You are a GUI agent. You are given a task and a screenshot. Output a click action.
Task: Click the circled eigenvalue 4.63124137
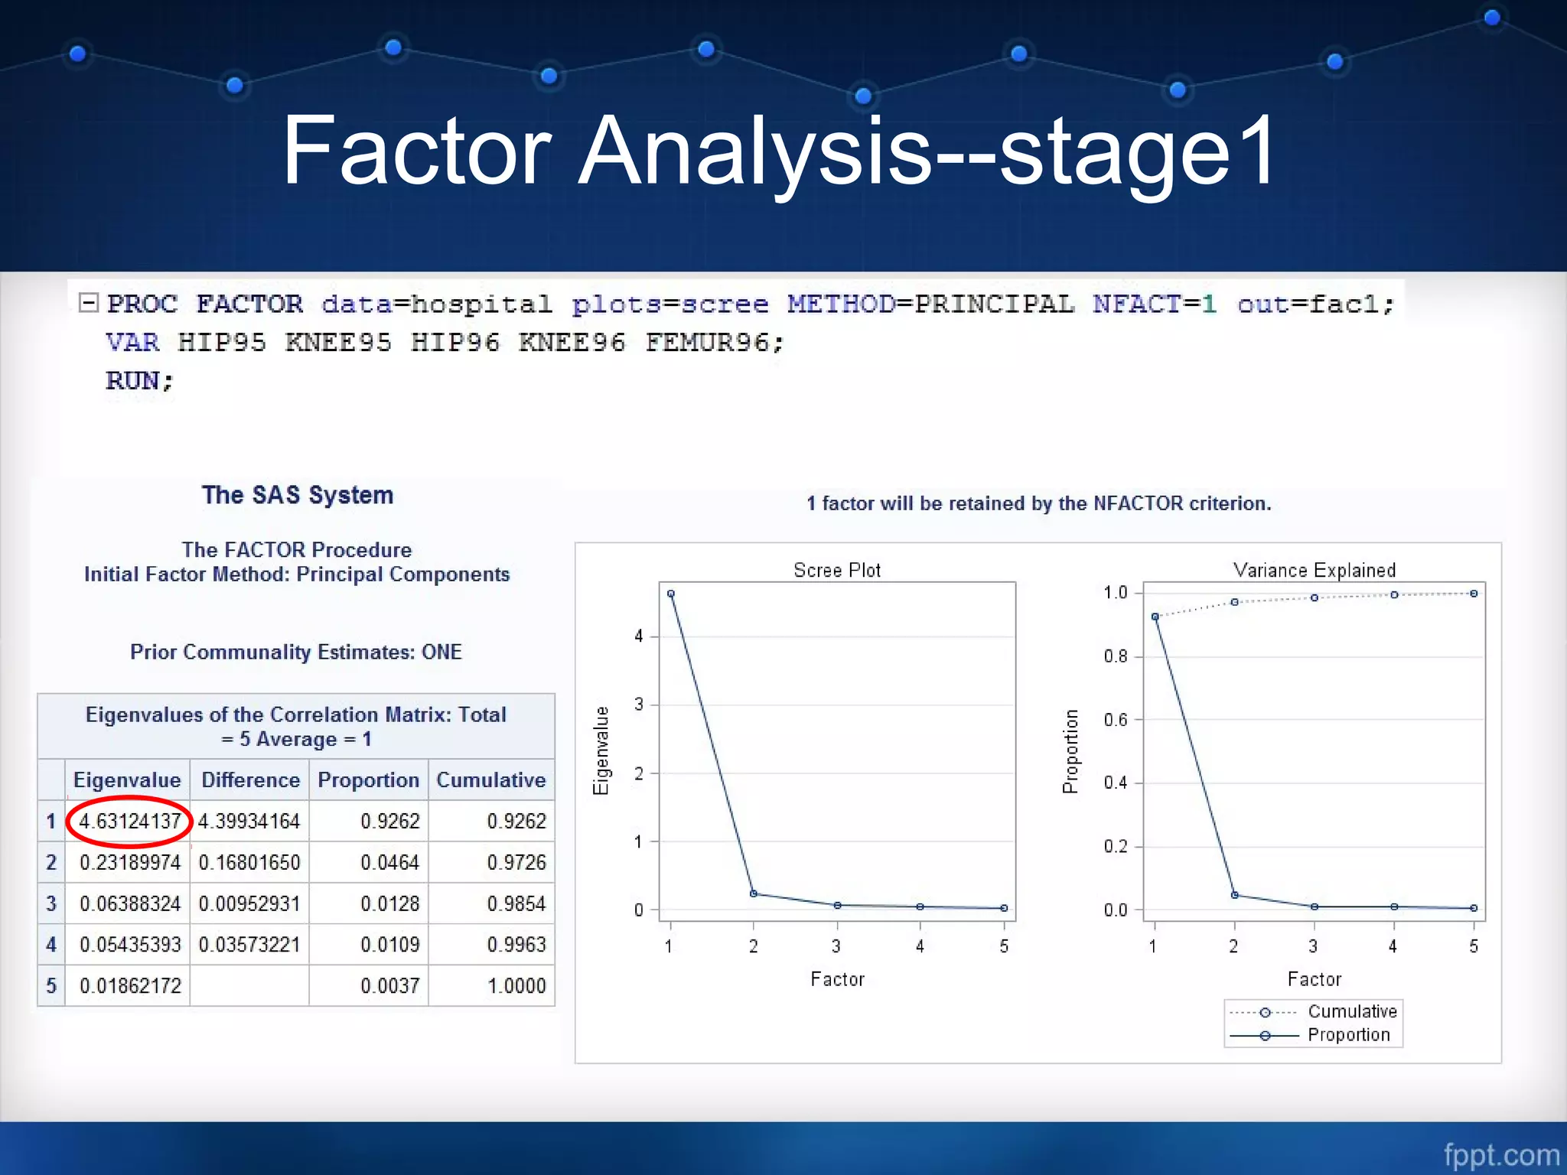point(129,822)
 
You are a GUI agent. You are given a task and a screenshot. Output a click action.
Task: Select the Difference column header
point(250,780)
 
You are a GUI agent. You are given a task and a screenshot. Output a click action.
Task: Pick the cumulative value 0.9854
point(516,904)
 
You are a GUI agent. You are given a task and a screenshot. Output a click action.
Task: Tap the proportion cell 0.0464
point(390,863)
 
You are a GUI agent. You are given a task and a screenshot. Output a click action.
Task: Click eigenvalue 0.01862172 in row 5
point(130,986)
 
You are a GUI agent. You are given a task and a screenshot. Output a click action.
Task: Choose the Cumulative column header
point(491,780)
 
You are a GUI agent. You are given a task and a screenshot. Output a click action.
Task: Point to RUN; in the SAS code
point(140,381)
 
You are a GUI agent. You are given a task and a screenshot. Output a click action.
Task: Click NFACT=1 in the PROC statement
point(1154,304)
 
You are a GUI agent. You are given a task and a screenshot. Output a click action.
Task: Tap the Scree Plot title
point(837,571)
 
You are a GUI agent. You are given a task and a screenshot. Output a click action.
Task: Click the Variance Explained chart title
point(1315,571)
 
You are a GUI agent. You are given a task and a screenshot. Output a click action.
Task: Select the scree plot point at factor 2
point(754,893)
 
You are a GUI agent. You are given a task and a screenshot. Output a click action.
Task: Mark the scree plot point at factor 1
point(671,594)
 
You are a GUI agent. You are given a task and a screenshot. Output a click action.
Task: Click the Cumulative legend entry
point(1351,1012)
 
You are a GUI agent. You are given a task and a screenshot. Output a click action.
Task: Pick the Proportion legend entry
point(1348,1036)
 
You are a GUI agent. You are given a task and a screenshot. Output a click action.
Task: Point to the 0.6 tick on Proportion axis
point(1116,720)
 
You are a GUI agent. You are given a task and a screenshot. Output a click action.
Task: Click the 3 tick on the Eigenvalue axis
point(639,705)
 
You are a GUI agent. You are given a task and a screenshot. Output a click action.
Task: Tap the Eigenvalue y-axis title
point(602,750)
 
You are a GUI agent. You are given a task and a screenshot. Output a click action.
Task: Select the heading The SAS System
point(298,496)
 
